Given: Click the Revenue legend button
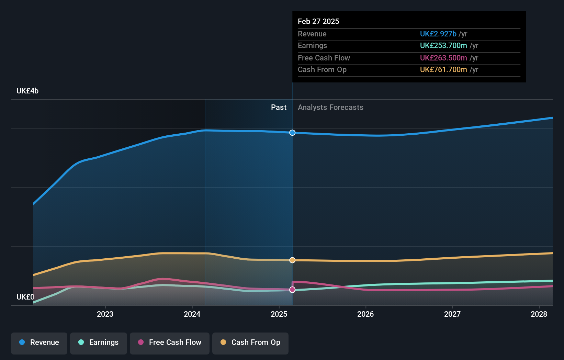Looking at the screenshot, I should (x=39, y=342).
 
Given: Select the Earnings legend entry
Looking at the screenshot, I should (x=99, y=342).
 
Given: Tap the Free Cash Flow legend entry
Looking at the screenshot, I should (x=170, y=342).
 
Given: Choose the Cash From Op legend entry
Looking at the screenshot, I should (x=250, y=342).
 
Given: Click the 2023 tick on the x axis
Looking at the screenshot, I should (x=105, y=314).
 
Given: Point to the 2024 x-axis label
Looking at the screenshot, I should (x=192, y=314).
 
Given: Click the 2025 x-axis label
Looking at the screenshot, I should (x=279, y=314).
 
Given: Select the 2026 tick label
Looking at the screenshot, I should (x=365, y=314).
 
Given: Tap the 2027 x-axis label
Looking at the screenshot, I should (x=452, y=314).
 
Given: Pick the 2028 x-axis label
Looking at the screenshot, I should (x=539, y=314).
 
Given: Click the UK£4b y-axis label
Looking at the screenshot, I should (x=27, y=91).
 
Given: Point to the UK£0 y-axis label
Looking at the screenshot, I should (x=25, y=297).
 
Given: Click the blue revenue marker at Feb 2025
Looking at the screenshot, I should (x=292, y=133).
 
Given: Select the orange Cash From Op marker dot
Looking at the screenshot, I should (x=292, y=260).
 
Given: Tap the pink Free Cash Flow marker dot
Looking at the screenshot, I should (x=292, y=290).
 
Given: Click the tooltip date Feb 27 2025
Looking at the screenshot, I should (x=318, y=21).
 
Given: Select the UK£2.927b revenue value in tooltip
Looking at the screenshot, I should (x=438, y=34).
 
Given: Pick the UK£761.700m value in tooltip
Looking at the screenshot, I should (x=443, y=69).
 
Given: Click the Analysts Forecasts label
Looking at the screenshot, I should (x=330, y=108).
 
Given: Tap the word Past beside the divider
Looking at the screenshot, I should (x=279, y=108).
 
